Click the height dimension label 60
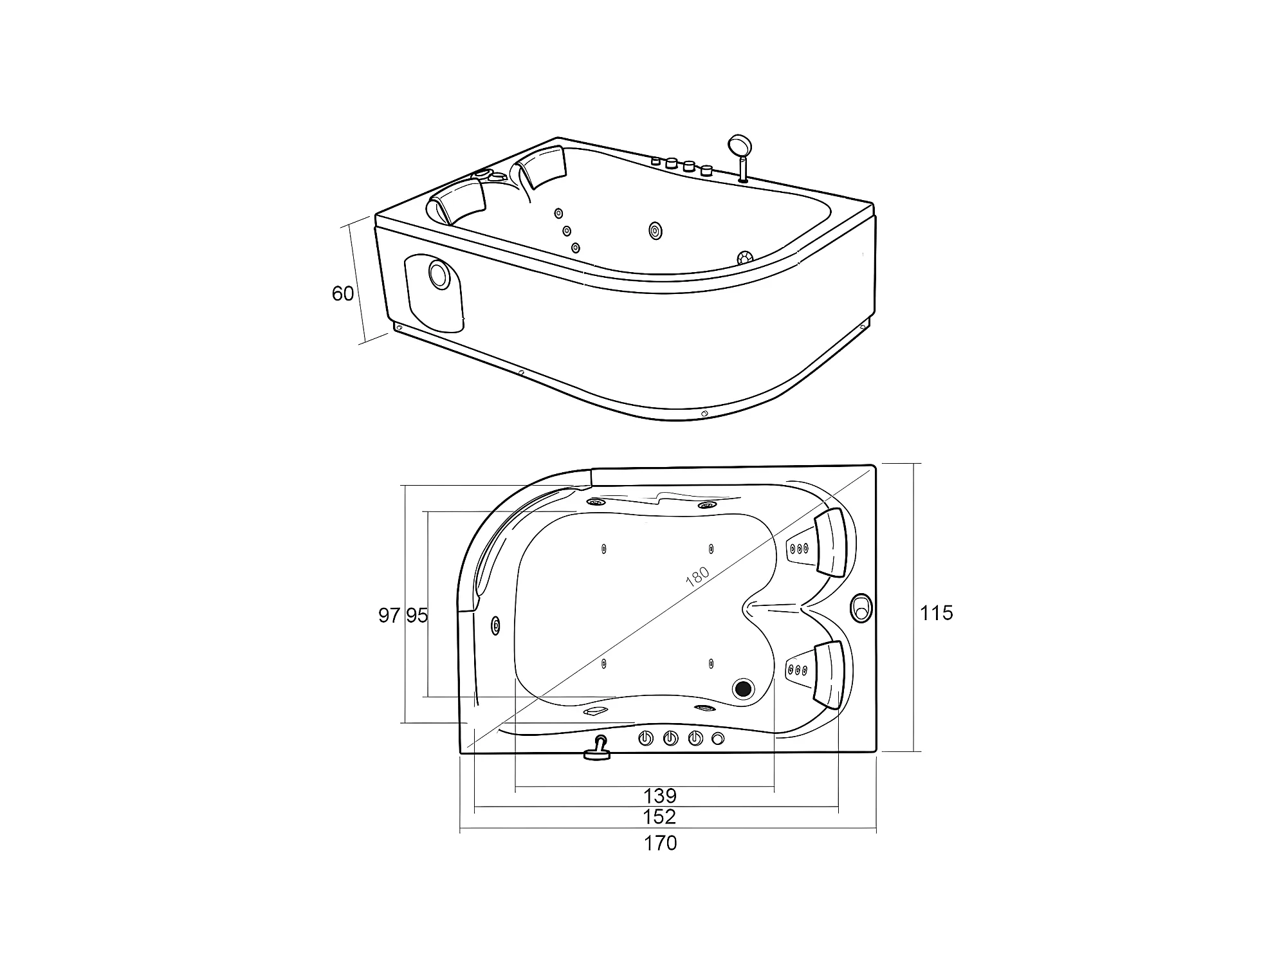pyautogui.click(x=342, y=293)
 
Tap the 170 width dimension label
pyautogui.click(x=660, y=843)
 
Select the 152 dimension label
pyautogui.click(x=660, y=816)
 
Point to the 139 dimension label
pyautogui.click(x=660, y=796)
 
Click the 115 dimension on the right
pyautogui.click(x=936, y=613)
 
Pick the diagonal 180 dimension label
pyautogui.click(x=697, y=576)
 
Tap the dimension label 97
pyautogui.click(x=389, y=616)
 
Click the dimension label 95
pyautogui.click(x=417, y=616)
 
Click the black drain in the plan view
pyautogui.click(x=744, y=688)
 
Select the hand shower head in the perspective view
pyautogui.click(x=737, y=144)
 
